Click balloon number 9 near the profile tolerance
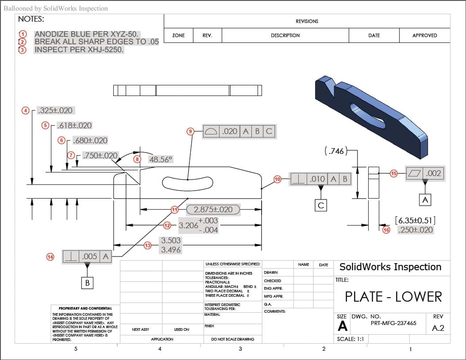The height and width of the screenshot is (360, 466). click(x=191, y=131)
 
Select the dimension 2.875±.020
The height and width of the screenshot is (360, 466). click(x=213, y=210)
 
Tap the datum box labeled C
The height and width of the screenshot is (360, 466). click(x=321, y=205)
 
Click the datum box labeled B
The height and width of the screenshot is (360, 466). click(x=87, y=283)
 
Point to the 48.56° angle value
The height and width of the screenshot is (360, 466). click(x=160, y=159)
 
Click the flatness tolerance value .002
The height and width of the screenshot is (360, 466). click(x=433, y=173)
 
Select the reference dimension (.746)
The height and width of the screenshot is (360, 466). click(x=335, y=151)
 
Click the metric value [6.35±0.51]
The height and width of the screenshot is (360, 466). click(x=416, y=220)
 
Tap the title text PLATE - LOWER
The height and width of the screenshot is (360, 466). click(x=393, y=296)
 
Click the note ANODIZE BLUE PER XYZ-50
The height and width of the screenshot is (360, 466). click(x=87, y=34)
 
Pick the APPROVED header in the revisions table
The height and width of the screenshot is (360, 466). click(x=424, y=35)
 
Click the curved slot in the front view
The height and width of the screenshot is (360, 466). click(x=187, y=182)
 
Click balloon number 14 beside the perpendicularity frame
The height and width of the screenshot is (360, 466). click(x=50, y=256)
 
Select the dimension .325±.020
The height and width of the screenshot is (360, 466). click(x=55, y=111)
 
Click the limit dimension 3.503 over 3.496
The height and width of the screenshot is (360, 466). click(x=170, y=245)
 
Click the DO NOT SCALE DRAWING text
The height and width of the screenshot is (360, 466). click(x=232, y=339)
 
